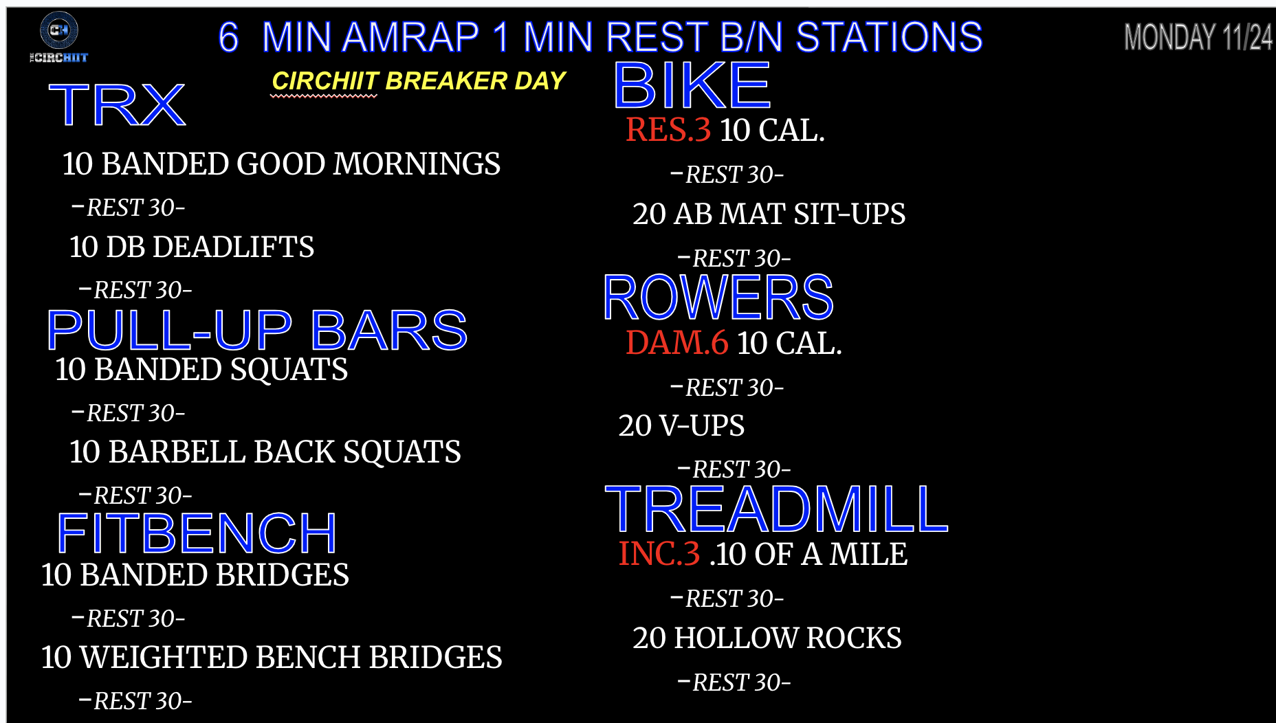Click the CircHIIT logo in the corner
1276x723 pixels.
(58, 38)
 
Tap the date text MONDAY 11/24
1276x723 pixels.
(1198, 37)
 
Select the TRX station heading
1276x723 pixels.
(118, 105)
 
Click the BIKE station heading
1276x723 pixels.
(692, 86)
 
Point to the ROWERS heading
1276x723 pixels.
(718, 298)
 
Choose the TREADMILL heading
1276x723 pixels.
(777, 509)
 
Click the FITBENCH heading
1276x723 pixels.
(197, 533)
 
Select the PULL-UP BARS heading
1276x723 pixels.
(257, 330)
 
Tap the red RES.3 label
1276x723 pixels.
(668, 130)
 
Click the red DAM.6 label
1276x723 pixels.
(677, 343)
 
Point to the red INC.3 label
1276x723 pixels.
(659, 554)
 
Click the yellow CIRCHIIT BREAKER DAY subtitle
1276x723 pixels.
(419, 81)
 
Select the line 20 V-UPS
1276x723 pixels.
(681, 425)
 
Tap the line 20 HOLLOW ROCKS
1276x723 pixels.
(767, 638)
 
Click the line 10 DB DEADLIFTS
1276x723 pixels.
(192, 247)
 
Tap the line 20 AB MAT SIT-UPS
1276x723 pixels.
(769, 214)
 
